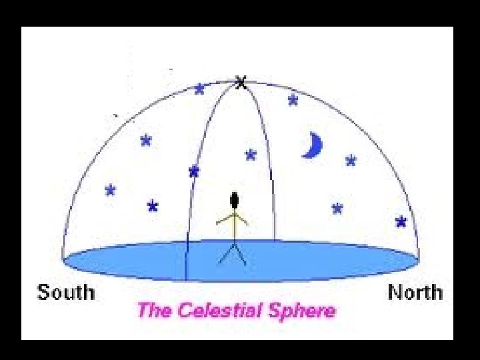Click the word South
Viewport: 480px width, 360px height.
coord(66,292)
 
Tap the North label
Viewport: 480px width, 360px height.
coord(415,292)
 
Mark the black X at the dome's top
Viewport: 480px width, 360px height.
coord(241,83)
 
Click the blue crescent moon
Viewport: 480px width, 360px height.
coord(312,145)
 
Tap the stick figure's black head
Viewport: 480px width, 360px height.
coord(235,199)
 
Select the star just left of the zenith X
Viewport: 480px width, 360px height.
coord(199,89)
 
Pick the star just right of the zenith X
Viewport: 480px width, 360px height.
coord(293,100)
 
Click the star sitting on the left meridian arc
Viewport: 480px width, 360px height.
coord(194,171)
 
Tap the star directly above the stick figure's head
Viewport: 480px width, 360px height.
coord(251,155)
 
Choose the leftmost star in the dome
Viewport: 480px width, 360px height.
coord(110,190)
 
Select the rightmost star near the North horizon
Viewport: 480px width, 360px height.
coord(401,221)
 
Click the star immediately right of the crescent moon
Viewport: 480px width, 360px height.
coord(351,160)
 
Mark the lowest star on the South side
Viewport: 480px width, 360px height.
coord(153,206)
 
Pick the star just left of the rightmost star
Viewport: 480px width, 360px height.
coord(337,208)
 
